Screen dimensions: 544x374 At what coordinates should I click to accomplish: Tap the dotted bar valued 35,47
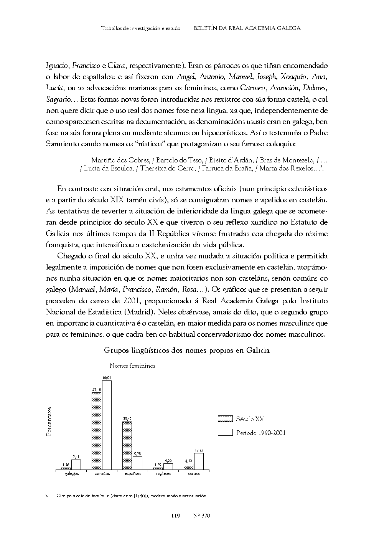click(x=127, y=446)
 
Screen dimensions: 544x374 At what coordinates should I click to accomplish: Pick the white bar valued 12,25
click(x=199, y=461)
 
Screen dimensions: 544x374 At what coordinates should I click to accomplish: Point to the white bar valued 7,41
click(x=76, y=465)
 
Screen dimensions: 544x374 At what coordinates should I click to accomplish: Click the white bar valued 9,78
click(x=137, y=463)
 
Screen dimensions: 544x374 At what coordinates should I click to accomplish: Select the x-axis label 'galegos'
click(x=71, y=474)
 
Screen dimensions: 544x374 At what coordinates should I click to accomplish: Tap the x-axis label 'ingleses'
click(x=163, y=474)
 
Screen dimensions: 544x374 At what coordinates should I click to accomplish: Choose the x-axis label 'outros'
click(x=194, y=474)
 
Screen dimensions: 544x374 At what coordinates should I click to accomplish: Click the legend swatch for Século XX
click(x=225, y=419)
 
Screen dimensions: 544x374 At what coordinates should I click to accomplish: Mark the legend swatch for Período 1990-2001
click(x=225, y=433)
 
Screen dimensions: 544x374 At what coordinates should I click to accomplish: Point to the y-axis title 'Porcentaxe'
click(x=49, y=422)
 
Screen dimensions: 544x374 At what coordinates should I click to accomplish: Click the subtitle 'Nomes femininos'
click(x=132, y=366)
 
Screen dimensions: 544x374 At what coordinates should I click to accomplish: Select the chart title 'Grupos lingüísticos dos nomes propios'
click(x=187, y=351)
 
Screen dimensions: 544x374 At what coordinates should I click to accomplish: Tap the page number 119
click(x=176, y=516)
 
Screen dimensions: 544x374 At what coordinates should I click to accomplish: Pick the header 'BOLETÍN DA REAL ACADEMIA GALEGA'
click(x=247, y=28)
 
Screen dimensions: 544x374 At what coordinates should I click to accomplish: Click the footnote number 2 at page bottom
click(x=46, y=496)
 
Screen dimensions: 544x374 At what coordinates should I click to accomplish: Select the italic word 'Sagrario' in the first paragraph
click(x=58, y=99)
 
